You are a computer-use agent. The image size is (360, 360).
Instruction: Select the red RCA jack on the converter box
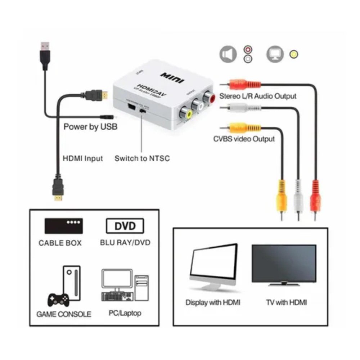pos(208,97)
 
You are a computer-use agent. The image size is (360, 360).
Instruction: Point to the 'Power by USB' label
pos(90,127)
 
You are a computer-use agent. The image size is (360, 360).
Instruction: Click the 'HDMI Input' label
pos(83,158)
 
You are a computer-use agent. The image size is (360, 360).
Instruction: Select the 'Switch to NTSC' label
pos(142,158)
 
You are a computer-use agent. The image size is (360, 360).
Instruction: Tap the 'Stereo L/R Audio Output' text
pos(258,96)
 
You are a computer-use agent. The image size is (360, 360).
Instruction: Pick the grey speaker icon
pos(228,54)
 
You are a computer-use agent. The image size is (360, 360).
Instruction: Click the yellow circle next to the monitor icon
pos(293,55)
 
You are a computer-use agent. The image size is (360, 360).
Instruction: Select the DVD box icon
pos(125,226)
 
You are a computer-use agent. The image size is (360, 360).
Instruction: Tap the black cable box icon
pos(63,226)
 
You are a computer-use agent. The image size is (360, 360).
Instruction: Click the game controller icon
pos(58,299)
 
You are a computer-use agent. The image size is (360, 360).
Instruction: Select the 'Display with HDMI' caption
pos(213,302)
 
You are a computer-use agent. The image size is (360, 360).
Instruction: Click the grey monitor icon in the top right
pos(275,54)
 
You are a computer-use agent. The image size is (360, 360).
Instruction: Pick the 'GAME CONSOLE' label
pos(64,314)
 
